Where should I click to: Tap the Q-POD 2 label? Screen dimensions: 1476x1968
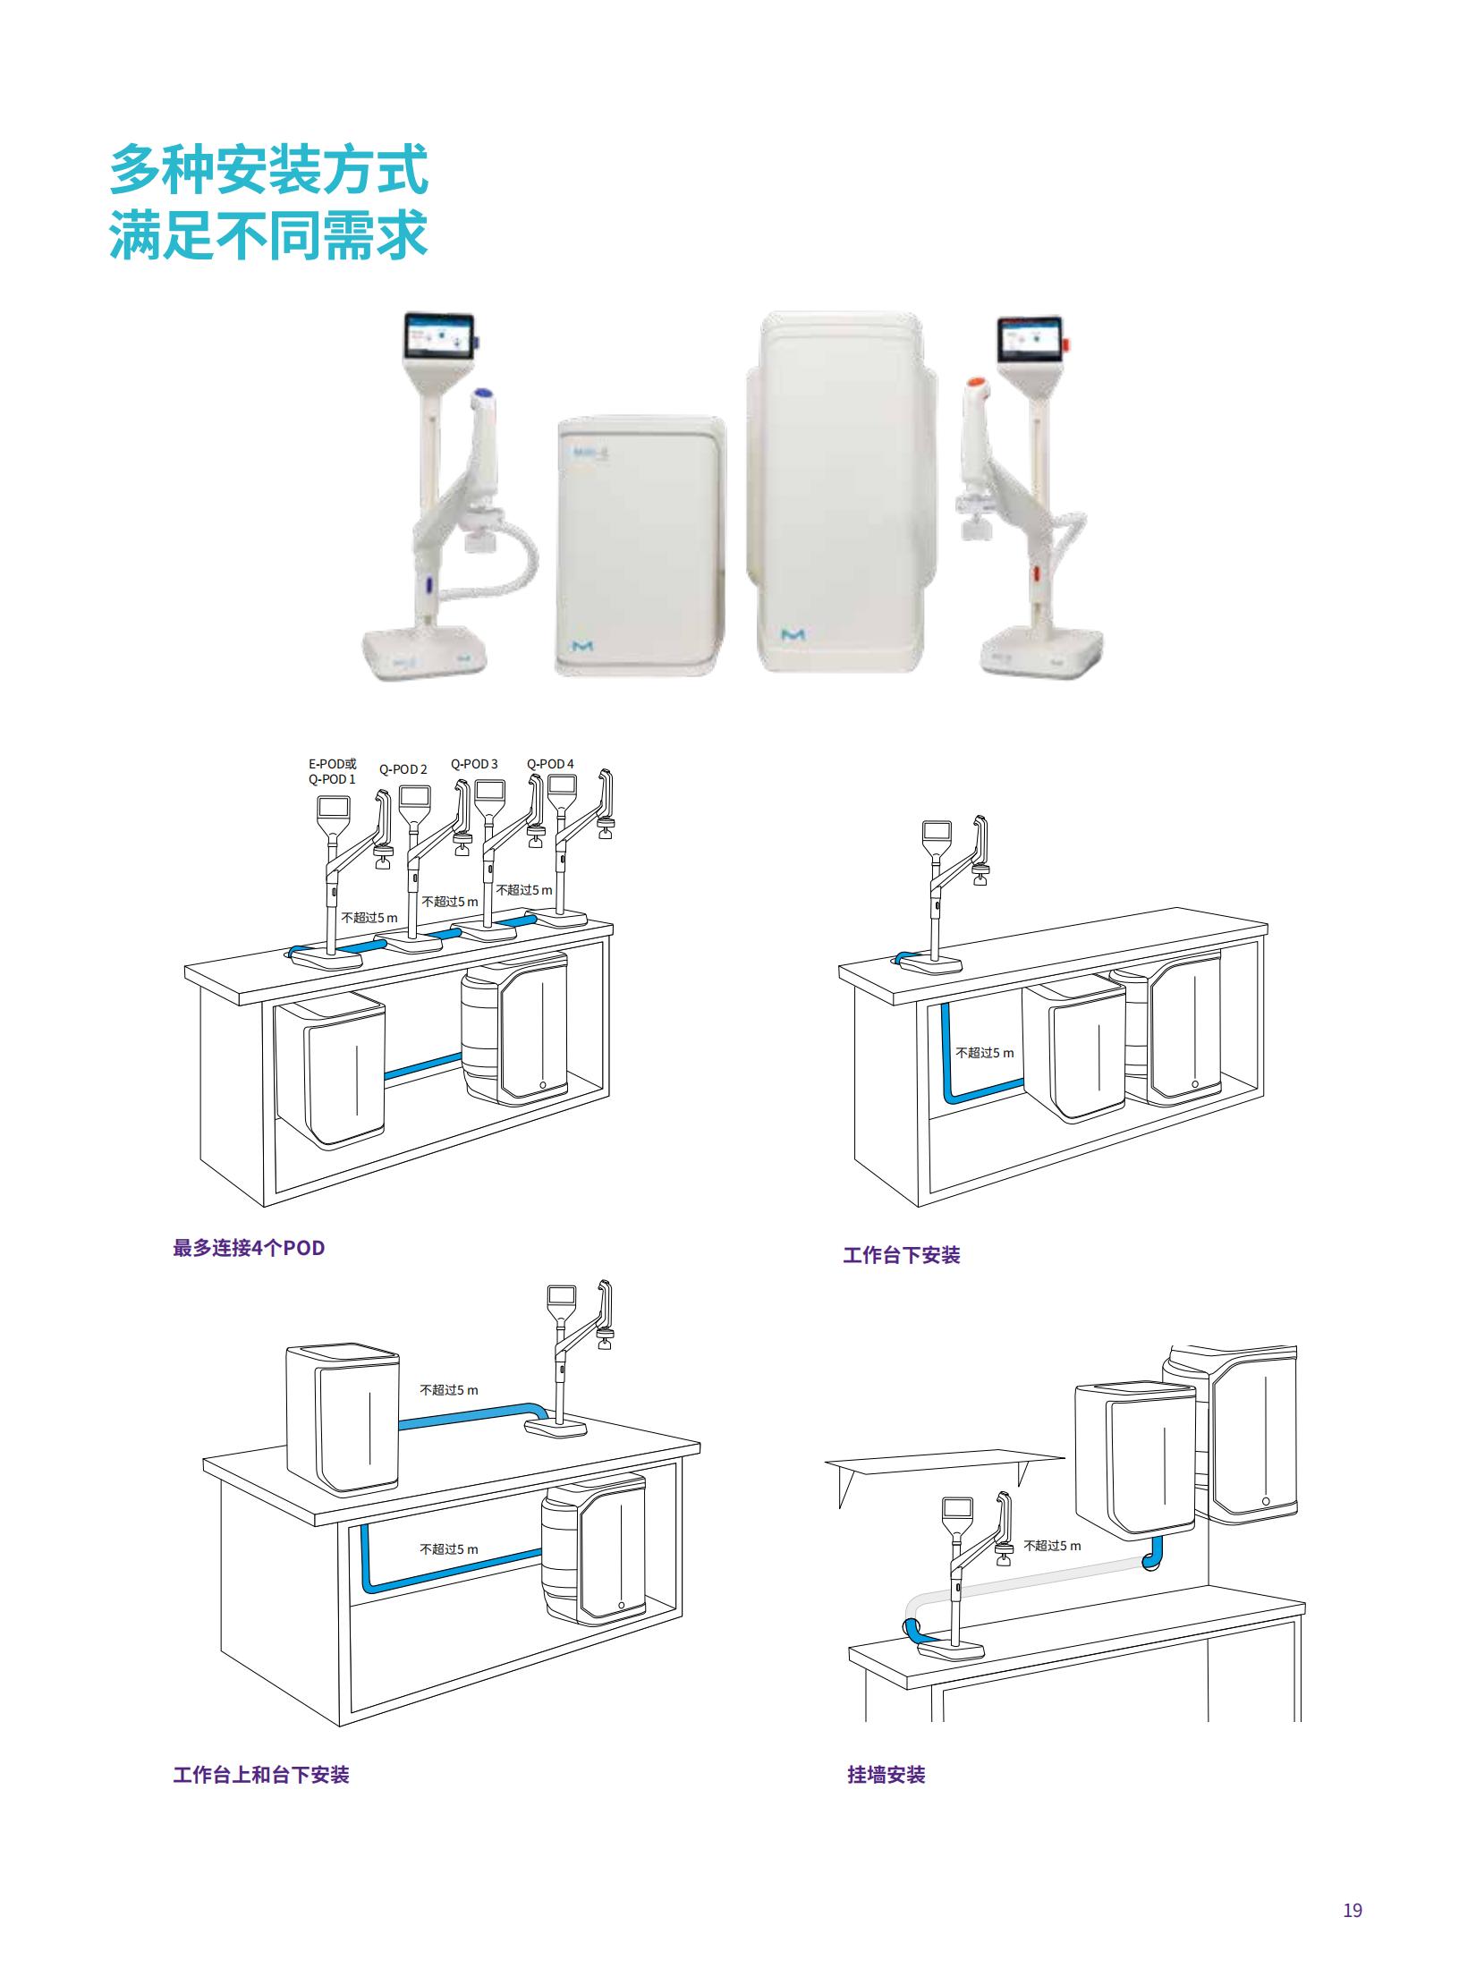(x=403, y=769)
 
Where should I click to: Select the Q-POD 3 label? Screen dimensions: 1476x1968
(x=474, y=764)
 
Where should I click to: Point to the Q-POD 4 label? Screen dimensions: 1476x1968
(x=550, y=764)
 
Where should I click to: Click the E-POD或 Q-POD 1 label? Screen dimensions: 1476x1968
(x=331, y=771)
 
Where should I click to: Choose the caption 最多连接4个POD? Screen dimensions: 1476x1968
(x=249, y=1248)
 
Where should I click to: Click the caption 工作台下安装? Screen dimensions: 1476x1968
(x=902, y=1255)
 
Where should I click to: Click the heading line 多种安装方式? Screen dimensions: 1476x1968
(x=268, y=171)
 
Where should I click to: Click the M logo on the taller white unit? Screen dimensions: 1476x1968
(x=793, y=635)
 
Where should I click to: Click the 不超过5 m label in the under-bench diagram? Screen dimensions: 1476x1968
(x=985, y=1053)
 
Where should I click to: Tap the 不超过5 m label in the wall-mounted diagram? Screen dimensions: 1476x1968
(x=1052, y=1545)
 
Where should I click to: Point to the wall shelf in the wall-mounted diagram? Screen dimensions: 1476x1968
(x=945, y=1463)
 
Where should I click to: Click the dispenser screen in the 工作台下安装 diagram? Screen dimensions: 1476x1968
(x=937, y=831)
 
